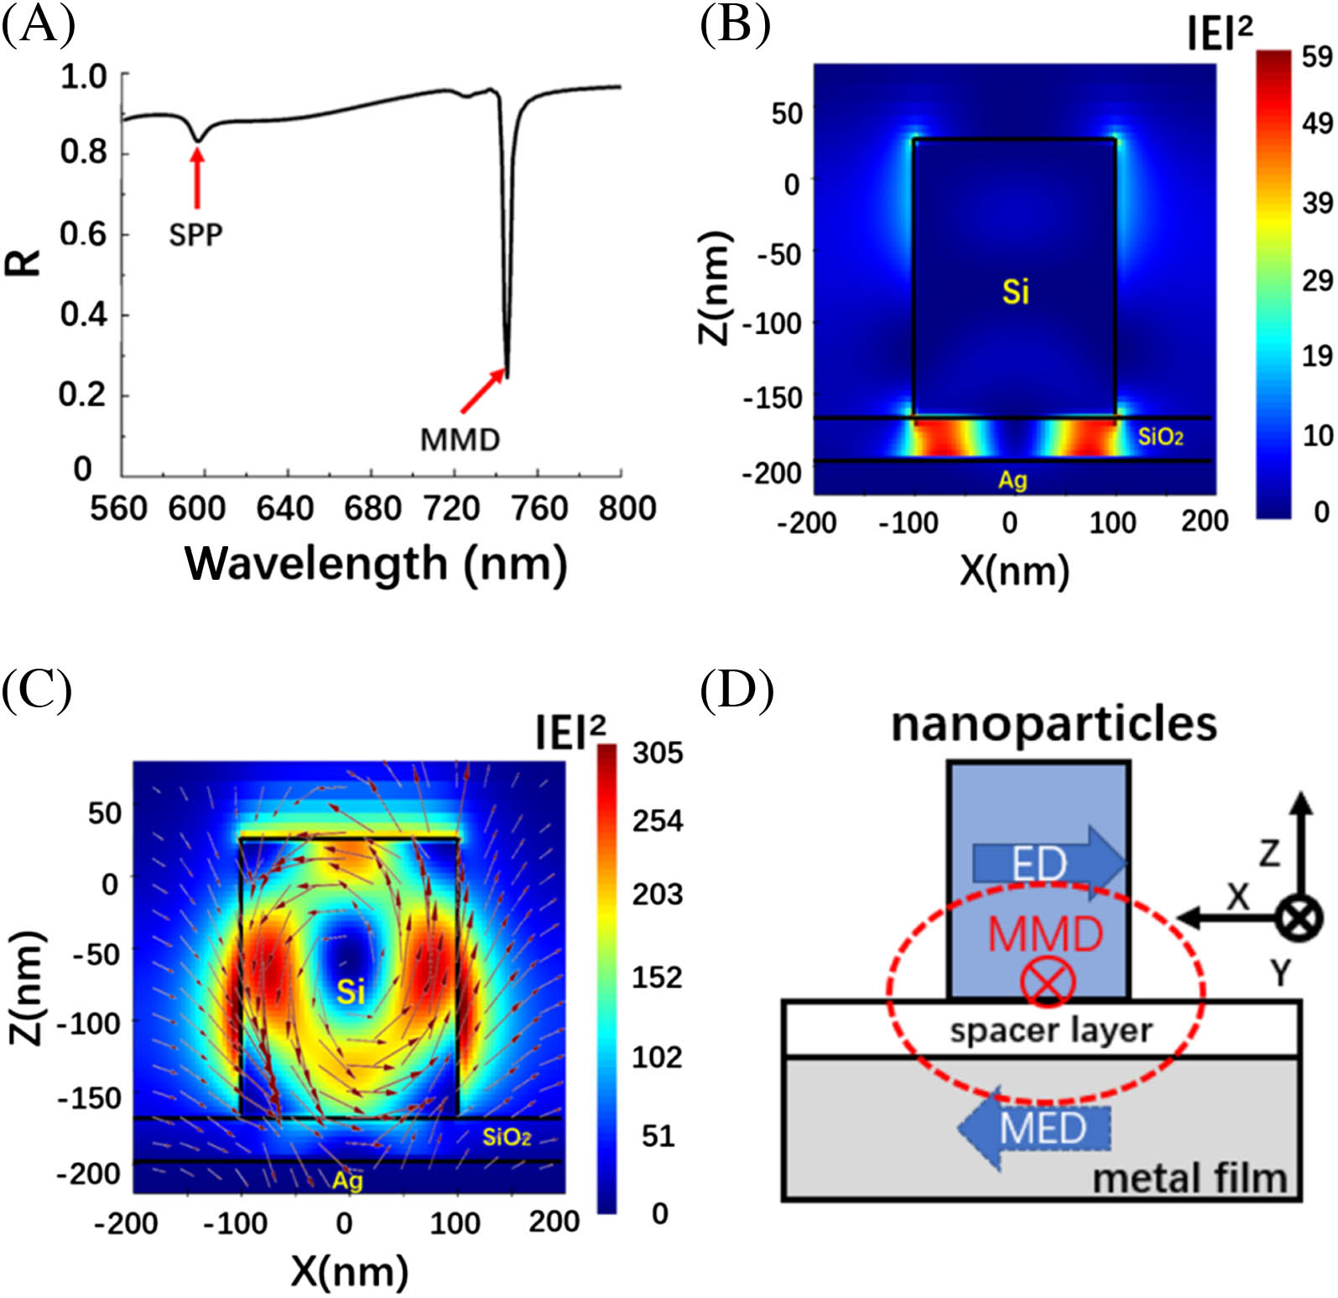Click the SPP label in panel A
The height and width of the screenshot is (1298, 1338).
195,234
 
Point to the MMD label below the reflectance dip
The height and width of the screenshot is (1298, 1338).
460,439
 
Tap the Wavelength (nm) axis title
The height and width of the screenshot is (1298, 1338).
376,563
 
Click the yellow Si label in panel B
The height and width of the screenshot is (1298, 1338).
1015,292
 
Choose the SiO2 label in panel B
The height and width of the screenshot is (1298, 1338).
1160,436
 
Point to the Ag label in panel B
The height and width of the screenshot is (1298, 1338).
1013,480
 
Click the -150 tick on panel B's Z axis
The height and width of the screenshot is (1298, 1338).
773,397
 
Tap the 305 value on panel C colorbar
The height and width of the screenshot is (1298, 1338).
658,753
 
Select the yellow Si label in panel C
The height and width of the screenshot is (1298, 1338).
351,993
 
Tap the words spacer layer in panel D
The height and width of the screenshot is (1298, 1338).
1051,1030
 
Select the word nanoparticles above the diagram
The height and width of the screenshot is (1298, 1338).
1054,723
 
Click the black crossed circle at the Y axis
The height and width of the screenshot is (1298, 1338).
1299,917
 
